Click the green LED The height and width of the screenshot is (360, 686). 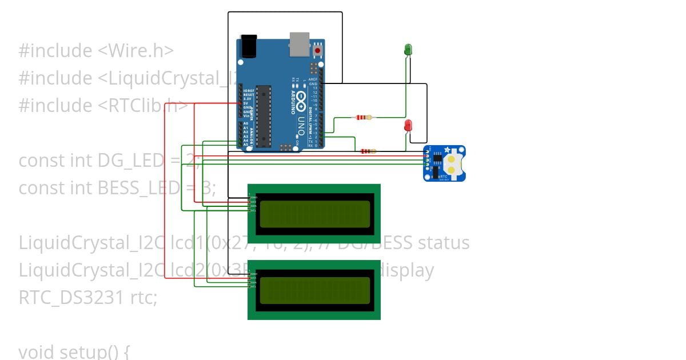[x=408, y=50]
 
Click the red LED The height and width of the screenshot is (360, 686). [x=408, y=125]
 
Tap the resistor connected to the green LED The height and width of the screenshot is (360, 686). [x=364, y=118]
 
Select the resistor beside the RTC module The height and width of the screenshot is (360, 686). [x=368, y=151]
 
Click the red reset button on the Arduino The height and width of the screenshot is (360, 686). [x=317, y=50]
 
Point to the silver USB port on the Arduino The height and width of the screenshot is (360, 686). [x=298, y=45]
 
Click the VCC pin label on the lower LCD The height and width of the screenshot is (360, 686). [x=253, y=278]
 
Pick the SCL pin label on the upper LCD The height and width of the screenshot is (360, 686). [x=253, y=210]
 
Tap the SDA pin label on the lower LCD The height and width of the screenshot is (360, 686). [x=253, y=282]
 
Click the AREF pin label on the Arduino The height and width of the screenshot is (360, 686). [x=313, y=79]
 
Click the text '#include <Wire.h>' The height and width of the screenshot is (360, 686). [x=96, y=51]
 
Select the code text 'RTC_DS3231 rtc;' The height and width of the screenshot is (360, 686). [x=87, y=297]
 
